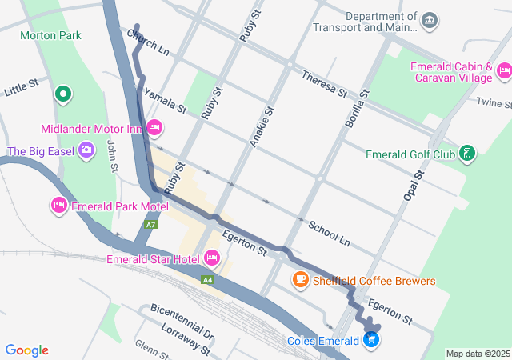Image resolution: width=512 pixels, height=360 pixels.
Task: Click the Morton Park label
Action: (x=51, y=36)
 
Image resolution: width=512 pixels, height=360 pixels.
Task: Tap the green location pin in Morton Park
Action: (x=63, y=95)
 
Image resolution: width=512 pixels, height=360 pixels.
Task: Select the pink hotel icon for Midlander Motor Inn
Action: (x=155, y=127)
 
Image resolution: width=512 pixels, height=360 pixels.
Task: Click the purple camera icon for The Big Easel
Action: (x=86, y=150)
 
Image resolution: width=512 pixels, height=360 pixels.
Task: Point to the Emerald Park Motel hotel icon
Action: (x=58, y=206)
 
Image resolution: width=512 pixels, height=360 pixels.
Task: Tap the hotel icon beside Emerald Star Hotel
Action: (x=212, y=258)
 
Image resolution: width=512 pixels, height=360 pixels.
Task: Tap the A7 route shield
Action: (x=150, y=225)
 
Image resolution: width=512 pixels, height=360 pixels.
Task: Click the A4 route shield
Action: (x=208, y=279)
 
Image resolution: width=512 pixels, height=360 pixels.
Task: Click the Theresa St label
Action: (x=324, y=84)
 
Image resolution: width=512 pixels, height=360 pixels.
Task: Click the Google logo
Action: (x=27, y=350)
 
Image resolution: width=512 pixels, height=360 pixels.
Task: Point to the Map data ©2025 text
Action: (x=477, y=354)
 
